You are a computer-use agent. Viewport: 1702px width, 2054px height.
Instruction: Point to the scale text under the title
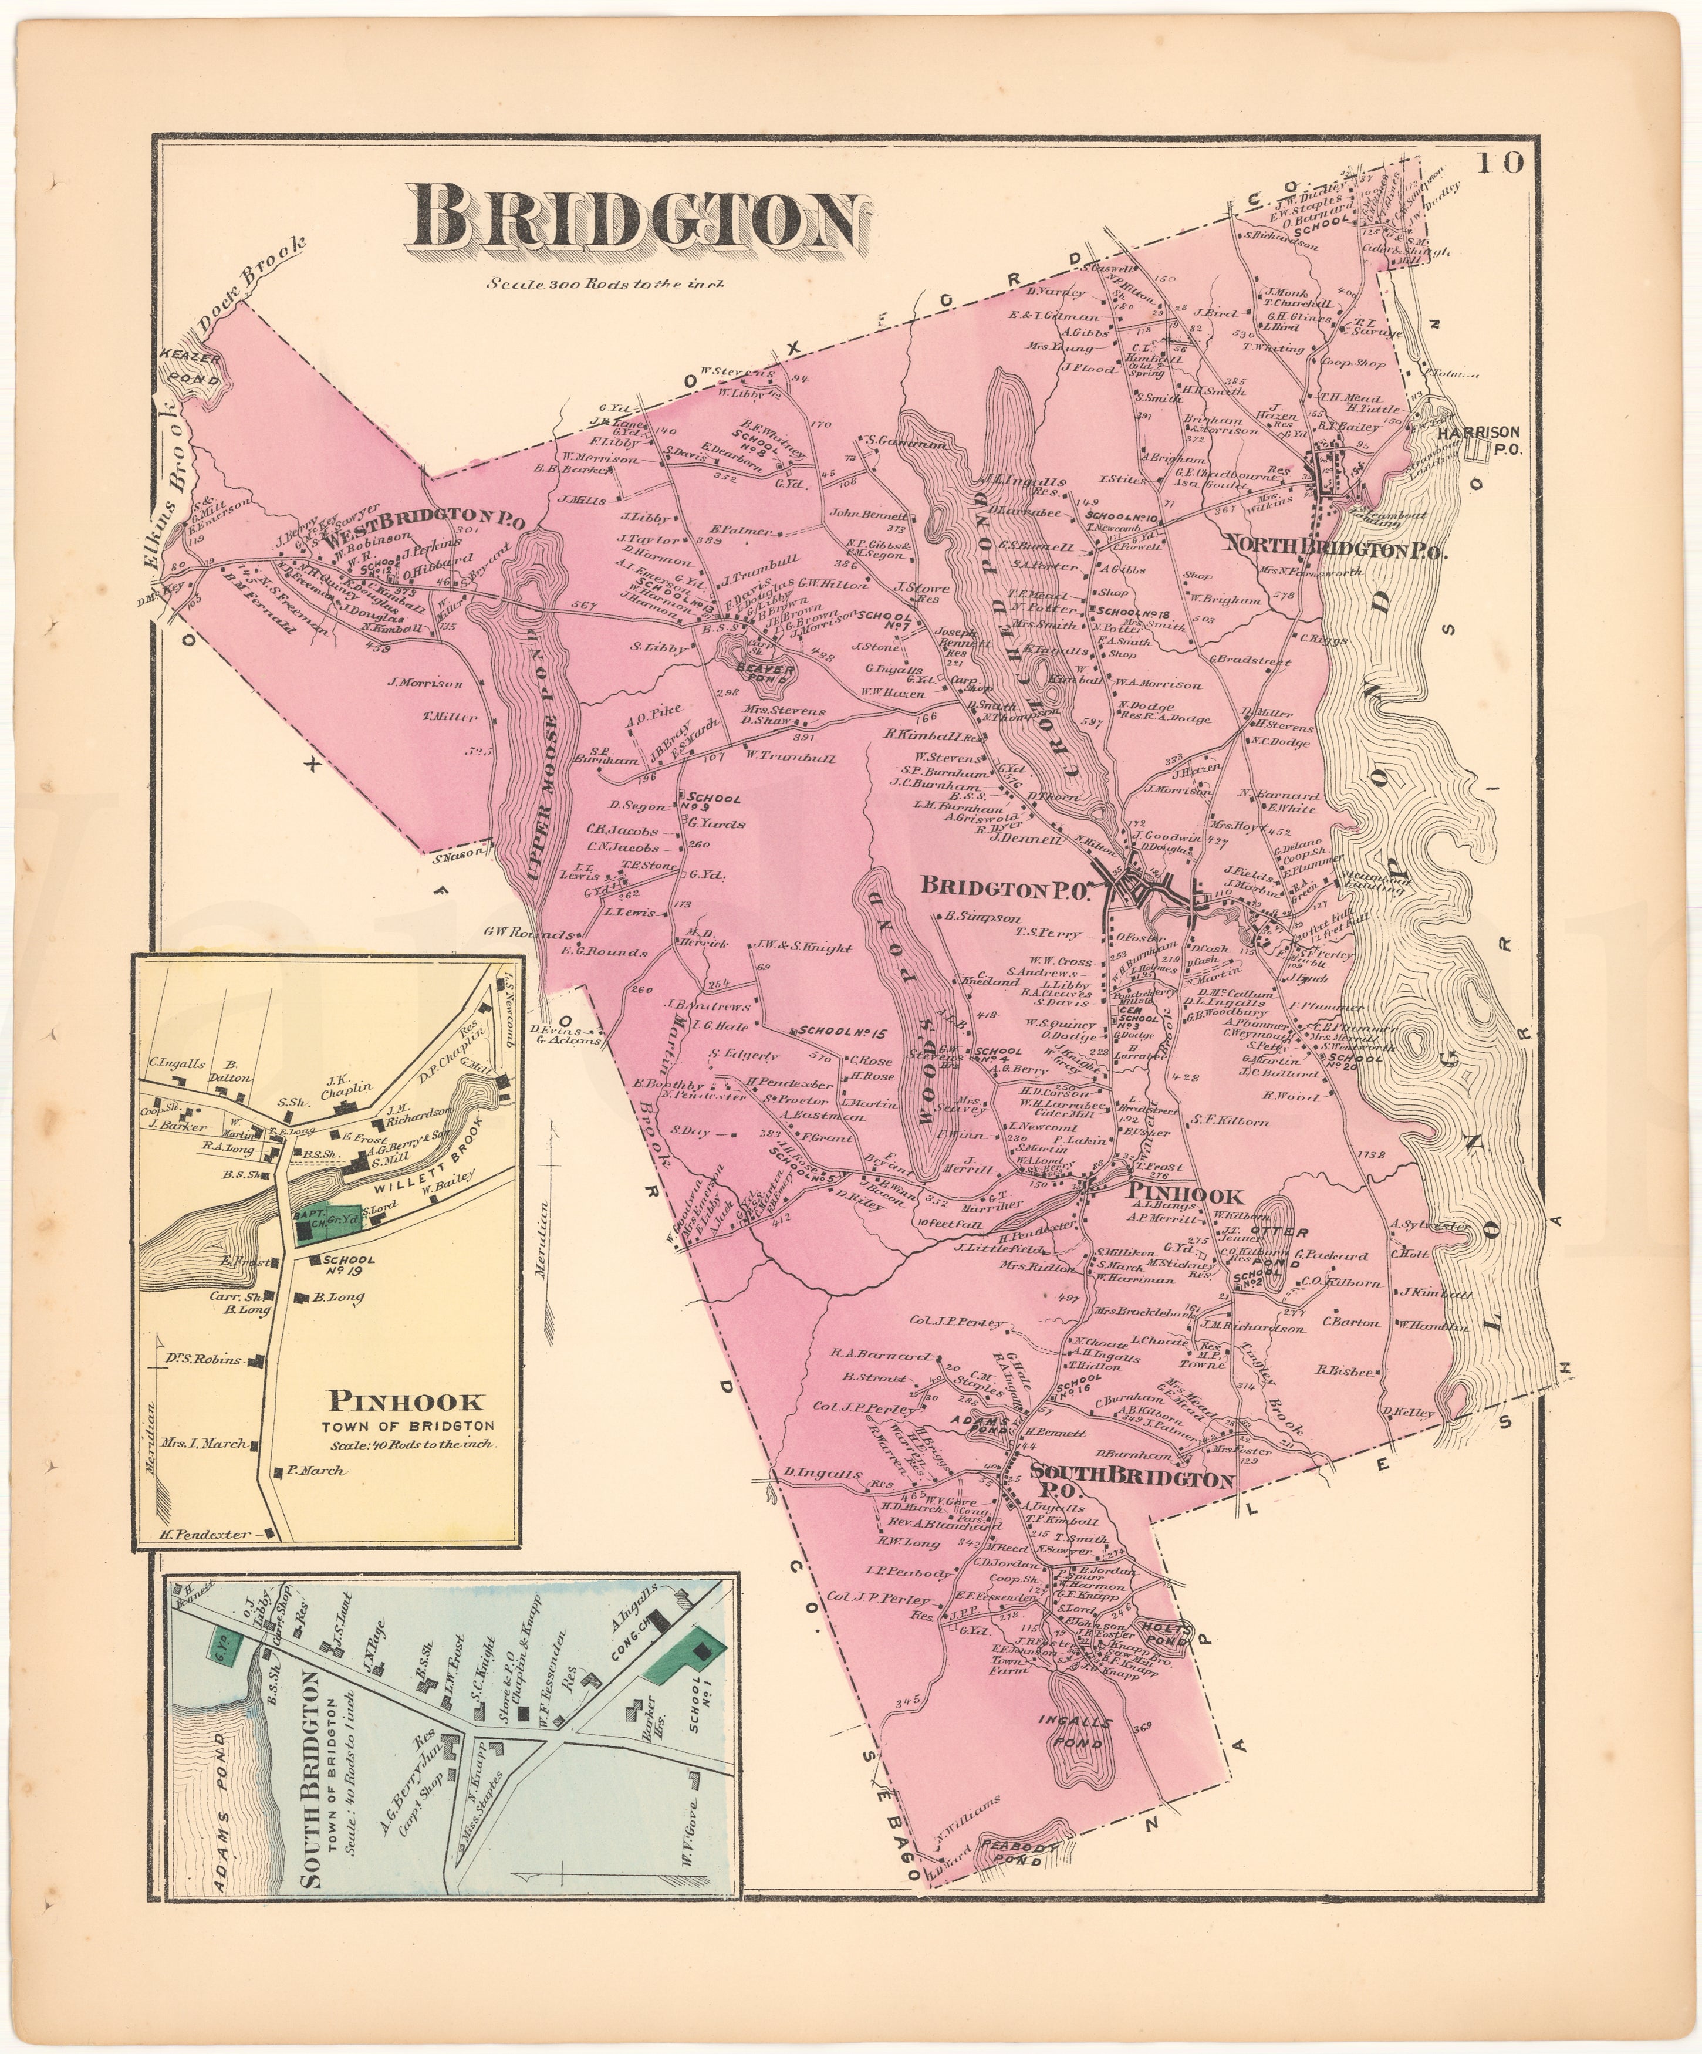point(606,286)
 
